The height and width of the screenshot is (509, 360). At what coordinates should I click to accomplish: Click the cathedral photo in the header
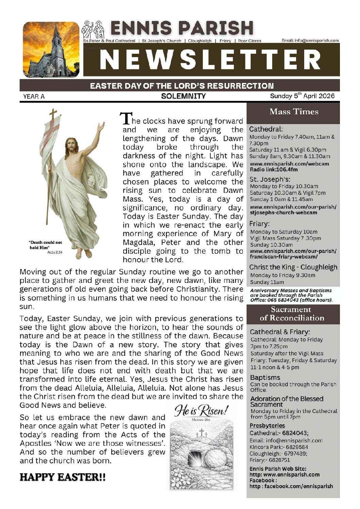(x=51, y=50)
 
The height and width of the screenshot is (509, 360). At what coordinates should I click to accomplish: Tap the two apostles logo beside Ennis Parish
(x=94, y=30)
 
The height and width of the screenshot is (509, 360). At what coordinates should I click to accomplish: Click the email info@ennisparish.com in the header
(x=310, y=40)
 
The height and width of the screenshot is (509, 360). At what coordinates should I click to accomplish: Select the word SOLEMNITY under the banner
(x=183, y=96)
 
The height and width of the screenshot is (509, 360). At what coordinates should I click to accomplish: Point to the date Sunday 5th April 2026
(x=302, y=96)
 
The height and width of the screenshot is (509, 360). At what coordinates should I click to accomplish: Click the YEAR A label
(x=34, y=97)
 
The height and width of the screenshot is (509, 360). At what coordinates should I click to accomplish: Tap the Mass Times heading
(x=294, y=112)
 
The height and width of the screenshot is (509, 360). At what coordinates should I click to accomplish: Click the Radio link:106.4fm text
(x=274, y=169)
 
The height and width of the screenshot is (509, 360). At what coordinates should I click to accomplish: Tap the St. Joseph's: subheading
(x=269, y=179)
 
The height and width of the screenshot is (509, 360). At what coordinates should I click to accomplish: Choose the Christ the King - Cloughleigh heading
(x=293, y=267)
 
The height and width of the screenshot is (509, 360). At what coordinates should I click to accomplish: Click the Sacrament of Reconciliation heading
(x=292, y=314)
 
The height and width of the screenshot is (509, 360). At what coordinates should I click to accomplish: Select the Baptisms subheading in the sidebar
(x=265, y=377)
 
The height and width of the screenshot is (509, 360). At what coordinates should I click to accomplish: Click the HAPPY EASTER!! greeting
(x=63, y=477)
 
